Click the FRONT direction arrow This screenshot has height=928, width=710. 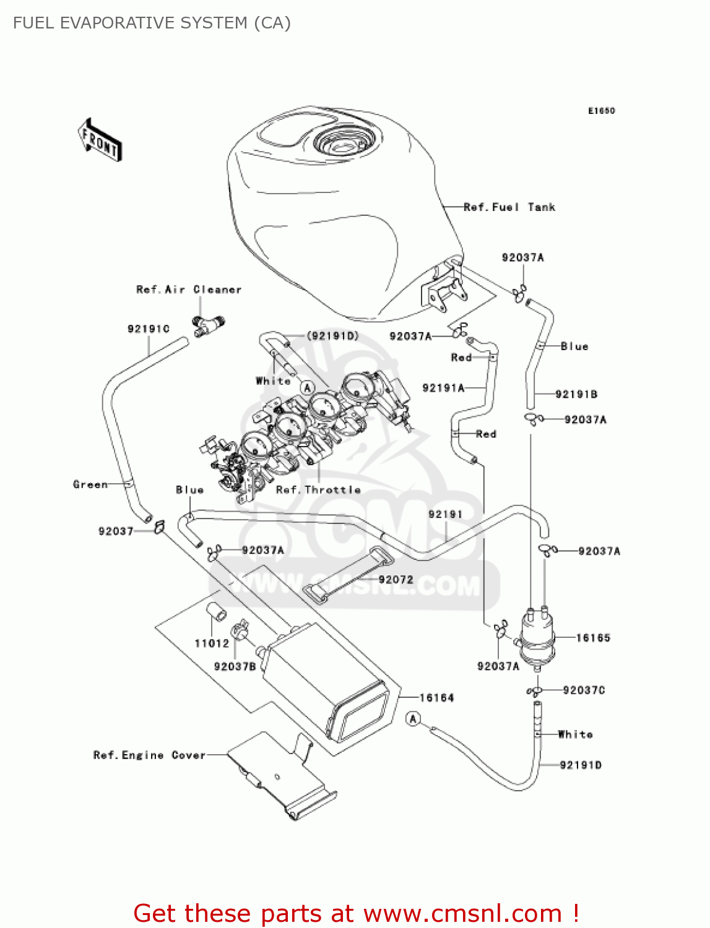(x=100, y=140)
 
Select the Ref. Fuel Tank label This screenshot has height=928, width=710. (x=509, y=207)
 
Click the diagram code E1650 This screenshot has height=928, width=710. (x=601, y=111)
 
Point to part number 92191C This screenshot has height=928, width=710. (x=148, y=329)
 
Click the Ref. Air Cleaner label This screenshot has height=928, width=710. (x=189, y=290)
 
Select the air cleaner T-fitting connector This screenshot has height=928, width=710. (x=208, y=324)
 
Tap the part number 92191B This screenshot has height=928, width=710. (x=576, y=394)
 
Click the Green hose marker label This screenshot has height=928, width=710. (x=90, y=484)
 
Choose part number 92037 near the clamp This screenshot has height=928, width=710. (x=116, y=531)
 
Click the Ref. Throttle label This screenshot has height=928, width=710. (x=318, y=490)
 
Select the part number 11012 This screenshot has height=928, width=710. (x=212, y=643)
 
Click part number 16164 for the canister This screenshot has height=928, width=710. (x=436, y=698)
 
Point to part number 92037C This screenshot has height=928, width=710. (x=584, y=690)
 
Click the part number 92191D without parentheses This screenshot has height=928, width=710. (x=580, y=765)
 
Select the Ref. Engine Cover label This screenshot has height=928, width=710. (x=149, y=755)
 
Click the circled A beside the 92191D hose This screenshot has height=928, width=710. (x=413, y=719)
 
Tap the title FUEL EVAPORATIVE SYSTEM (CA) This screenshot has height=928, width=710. (x=152, y=23)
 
